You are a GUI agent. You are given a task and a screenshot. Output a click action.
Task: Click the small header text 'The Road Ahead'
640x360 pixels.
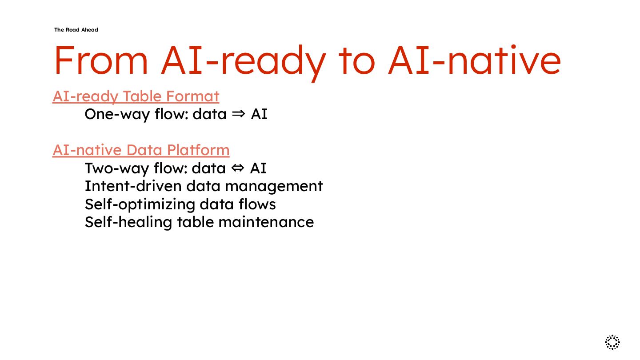[x=76, y=30]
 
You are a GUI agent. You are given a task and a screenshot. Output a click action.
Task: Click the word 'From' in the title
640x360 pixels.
[x=100, y=60]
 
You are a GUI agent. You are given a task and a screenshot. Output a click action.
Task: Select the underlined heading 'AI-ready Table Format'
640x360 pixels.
[x=136, y=96]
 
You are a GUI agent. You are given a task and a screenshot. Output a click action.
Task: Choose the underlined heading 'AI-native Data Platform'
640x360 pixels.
[x=141, y=150]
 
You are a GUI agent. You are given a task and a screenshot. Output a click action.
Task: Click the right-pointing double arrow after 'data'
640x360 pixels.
[x=239, y=114]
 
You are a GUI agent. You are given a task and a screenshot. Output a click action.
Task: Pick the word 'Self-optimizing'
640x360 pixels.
[x=140, y=204]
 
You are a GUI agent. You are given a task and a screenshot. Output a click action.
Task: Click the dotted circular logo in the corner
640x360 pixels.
[x=612, y=342]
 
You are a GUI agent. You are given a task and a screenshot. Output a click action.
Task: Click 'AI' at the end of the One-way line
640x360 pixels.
[x=259, y=114]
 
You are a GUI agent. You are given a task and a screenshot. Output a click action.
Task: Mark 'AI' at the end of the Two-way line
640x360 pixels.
[x=258, y=168]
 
